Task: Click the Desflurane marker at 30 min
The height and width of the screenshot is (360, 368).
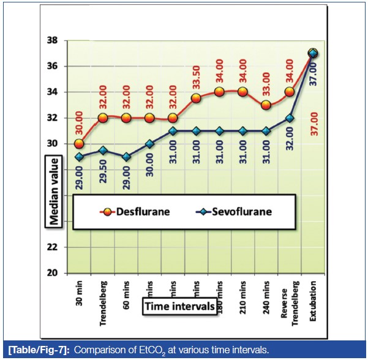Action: click(x=80, y=144)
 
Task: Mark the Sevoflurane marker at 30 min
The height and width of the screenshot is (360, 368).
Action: click(x=80, y=157)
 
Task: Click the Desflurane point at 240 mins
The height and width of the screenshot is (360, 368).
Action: click(x=266, y=105)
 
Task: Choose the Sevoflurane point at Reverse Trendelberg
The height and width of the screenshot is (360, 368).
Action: click(x=290, y=118)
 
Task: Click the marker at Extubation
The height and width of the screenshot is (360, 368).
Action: click(x=313, y=53)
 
